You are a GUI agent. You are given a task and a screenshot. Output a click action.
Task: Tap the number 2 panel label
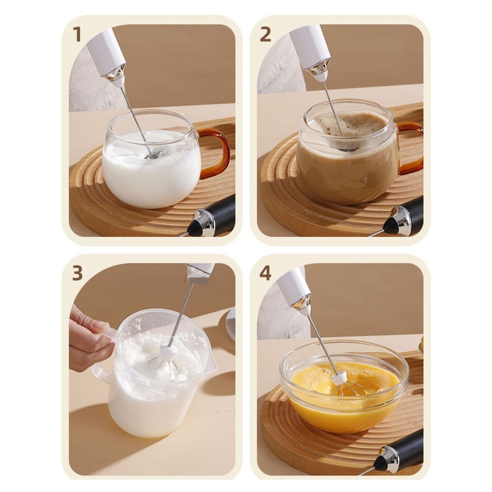pyautogui.click(x=265, y=35)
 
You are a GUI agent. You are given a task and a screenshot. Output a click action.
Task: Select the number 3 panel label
pyautogui.click(x=77, y=273)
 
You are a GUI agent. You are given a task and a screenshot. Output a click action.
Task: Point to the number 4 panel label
pyautogui.click(x=265, y=273)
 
